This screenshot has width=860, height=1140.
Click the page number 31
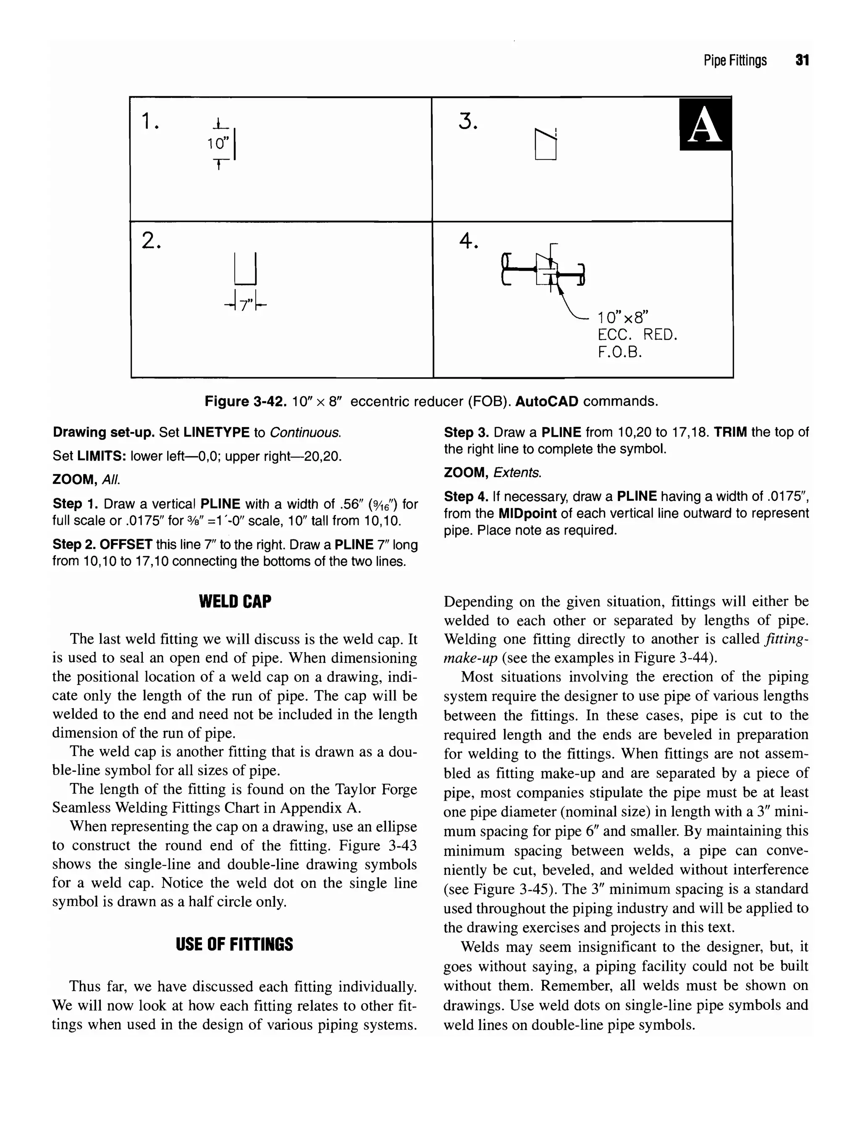802,61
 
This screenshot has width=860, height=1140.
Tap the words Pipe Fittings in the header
735,61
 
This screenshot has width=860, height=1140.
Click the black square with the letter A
705,125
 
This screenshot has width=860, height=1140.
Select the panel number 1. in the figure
150,122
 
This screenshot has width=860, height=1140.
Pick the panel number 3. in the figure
468,122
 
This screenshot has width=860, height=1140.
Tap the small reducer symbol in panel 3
545,145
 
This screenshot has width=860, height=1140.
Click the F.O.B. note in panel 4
620,353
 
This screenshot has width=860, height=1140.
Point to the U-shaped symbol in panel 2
245,269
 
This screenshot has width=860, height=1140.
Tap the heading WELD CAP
235,602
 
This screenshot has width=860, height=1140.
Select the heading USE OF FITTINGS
234,944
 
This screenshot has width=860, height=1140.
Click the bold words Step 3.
466,432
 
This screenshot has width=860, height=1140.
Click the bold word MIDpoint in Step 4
527,513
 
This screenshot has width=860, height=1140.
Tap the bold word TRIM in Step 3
730,432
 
